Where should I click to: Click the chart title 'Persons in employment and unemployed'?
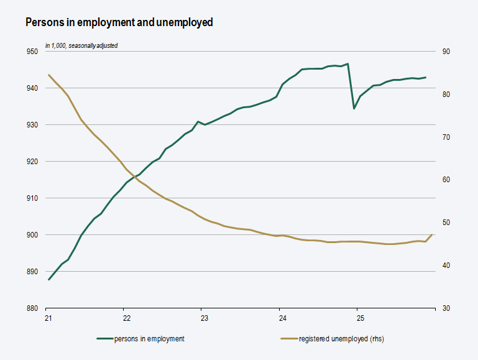click(119, 22)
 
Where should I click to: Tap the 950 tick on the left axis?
click(32, 52)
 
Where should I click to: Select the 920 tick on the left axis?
click(32, 162)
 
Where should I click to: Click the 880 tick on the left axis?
click(32, 308)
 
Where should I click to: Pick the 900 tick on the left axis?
click(32, 235)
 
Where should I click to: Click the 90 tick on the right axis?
click(446, 52)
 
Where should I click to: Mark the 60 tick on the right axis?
click(446, 180)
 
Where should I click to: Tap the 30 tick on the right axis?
click(446, 308)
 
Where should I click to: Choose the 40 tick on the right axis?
click(446, 265)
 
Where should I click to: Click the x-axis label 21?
click(48, 318)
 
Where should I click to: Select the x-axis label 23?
click(204, 318)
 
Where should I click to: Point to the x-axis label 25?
click(360, 318)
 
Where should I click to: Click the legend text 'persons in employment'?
click(149, 339)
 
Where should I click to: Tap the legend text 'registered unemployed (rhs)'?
click(346, 339)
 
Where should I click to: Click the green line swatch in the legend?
click(104, 339)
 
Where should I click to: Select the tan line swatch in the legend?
click(288, 339)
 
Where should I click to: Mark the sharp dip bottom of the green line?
click(354, 108)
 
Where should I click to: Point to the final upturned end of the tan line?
click(432, 235)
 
